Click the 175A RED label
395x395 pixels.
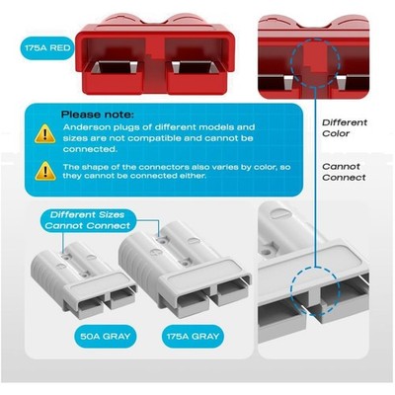click(x=47, y=48)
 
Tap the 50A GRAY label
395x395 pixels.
click(x=106, y=337)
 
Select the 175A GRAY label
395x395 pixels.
click(x=193, y=337)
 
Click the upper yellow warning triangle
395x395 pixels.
click(x=45, y=133)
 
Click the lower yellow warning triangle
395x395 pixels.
click(x=45, y=171)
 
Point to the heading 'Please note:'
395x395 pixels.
click(x=98, y=115)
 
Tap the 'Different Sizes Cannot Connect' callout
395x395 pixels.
click(x=88, y=220)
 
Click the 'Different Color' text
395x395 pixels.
click(x=345, y=128)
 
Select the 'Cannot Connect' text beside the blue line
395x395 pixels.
click(x=344, y=172)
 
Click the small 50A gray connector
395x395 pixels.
click(x=83, y=279)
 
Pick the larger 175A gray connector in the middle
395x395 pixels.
click(x=185, y=269)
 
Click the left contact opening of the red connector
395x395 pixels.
click(x=115, y=67)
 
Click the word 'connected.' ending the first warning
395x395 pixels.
click(x=90, y=149)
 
